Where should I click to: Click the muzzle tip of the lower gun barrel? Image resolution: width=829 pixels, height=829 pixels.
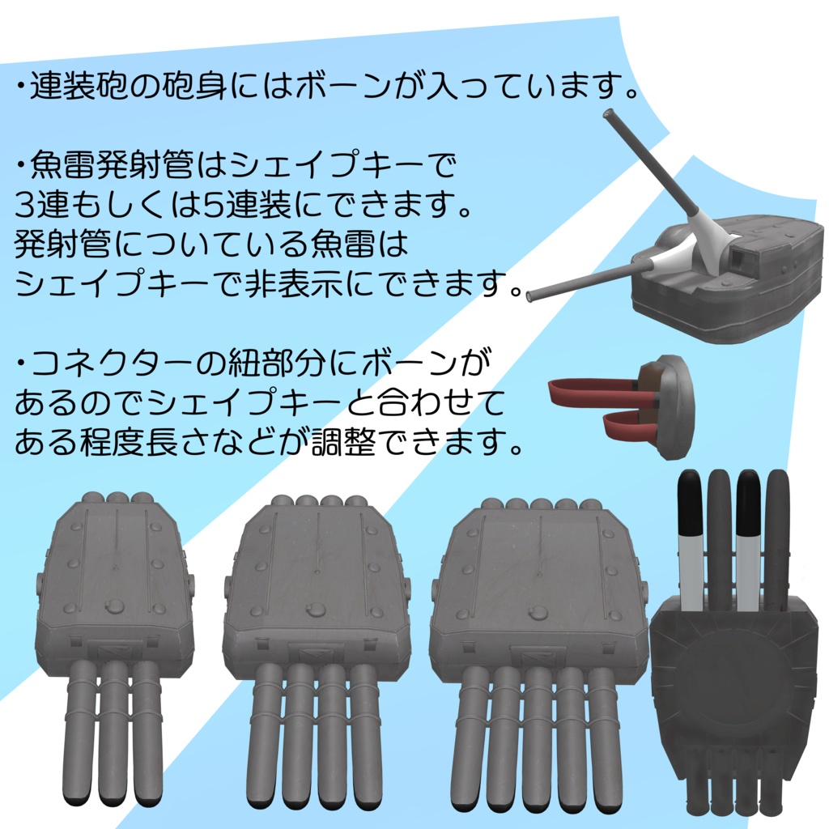coord(530,296)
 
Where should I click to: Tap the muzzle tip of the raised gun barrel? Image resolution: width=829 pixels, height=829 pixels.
coord(608,114)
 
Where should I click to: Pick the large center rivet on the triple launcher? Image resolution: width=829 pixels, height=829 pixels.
coord(115,606)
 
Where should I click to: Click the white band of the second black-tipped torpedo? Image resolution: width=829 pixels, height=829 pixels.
coord(748,567)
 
